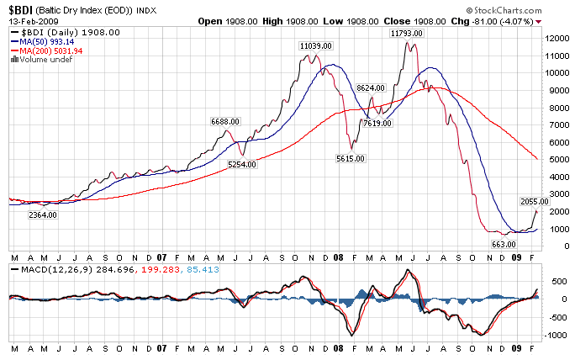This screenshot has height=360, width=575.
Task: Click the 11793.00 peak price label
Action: (x=405, y=33)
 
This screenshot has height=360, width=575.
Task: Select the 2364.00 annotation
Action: (x=42, y=215)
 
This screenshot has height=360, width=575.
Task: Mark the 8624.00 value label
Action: (x=371, y=87)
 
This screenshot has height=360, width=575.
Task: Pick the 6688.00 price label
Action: (x=225, y=121)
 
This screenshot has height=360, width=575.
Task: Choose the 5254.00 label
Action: (x=242, y=165)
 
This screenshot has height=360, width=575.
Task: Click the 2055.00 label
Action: (x=535, y=202)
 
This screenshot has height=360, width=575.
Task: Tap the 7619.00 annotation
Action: (x=377, y=123)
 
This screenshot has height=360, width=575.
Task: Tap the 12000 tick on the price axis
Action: (x=555, y=38)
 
